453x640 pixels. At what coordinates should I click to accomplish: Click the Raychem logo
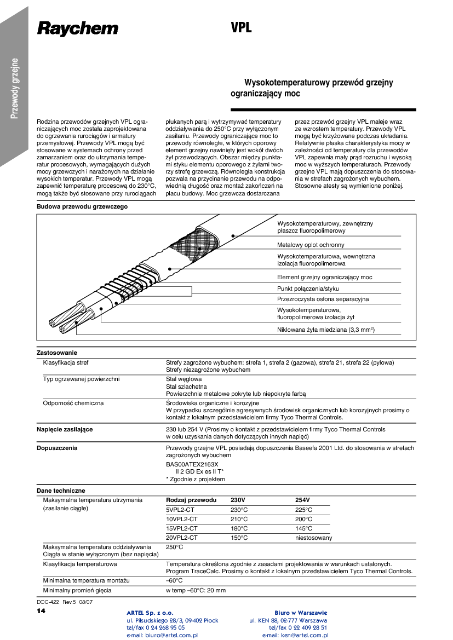(x=78, y=28)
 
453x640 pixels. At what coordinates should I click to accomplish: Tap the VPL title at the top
(x=241, y=28)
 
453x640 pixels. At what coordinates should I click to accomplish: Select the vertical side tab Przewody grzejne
(x=15, y=88)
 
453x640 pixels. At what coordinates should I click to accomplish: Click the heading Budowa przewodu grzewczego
(x=82, y=206)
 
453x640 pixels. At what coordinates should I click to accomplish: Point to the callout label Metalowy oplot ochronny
(x=311, y=245)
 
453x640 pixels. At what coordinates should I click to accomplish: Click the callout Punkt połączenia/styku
(x=308, y=289)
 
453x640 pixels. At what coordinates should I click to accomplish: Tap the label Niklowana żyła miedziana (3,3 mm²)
(x=325, y=330)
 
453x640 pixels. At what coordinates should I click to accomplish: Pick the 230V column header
(x=238, y=500)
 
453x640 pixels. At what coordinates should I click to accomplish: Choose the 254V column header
(x=302, y=500)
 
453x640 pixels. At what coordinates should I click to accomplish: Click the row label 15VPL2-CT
(x=181, y=528)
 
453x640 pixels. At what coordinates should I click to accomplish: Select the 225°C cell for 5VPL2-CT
(x=303, y=510)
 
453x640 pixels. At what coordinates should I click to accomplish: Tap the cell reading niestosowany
(x=313, y=538)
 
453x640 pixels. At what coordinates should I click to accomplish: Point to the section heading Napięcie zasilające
(x=65, y=429)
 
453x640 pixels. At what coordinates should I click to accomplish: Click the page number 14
(x=41, y=610)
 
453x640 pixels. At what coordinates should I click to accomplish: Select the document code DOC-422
(x=48, y=602)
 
